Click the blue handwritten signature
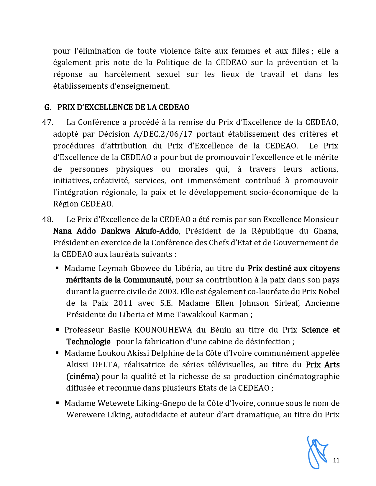(317, 452)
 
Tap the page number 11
(336, 460)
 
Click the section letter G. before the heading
(47, 107)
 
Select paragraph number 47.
(47, 122)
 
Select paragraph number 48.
(47, 219)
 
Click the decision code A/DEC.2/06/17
(163, 134)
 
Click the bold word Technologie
(88, 342)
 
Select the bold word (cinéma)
(83, 376)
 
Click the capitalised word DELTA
(106, 365)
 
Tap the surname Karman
(234, 315)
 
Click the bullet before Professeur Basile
(58, 330)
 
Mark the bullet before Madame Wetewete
(58, 403)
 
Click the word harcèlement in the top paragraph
(127, 74)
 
